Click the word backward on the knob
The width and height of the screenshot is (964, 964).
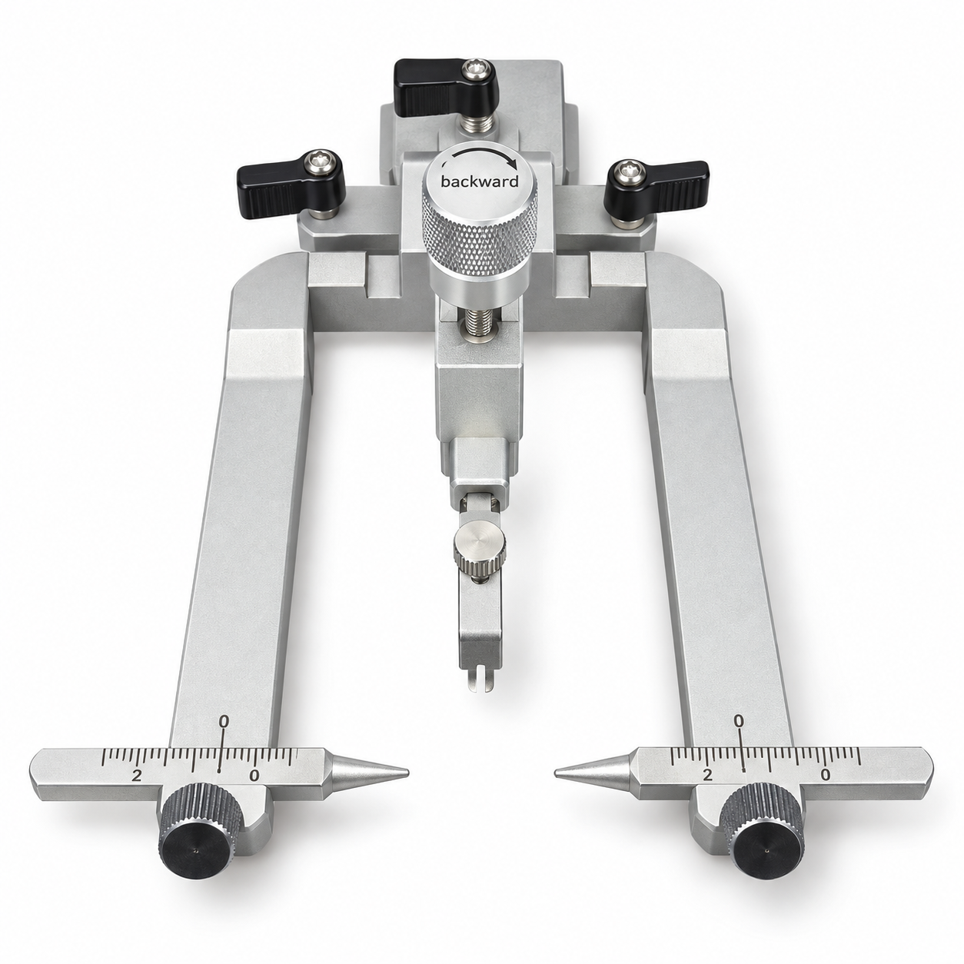pyautogui.click(x=479, y=181)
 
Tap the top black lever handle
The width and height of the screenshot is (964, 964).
pyautogui.click(x=447, y=88)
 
